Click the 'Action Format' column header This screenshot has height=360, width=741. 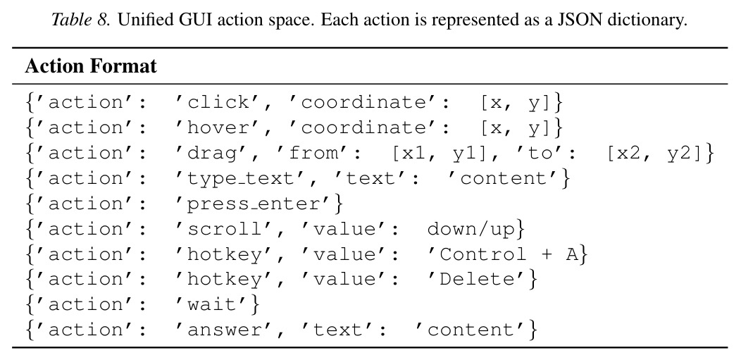(91, 66)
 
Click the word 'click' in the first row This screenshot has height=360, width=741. (218, 102)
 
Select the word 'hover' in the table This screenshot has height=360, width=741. (218, 128)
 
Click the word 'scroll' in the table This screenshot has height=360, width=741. (225, 229)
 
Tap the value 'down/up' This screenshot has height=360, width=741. (471, 230)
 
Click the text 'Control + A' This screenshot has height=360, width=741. (509, 254)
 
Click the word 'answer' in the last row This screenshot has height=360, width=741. (225, 330)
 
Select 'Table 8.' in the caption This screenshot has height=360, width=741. (80, 20)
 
